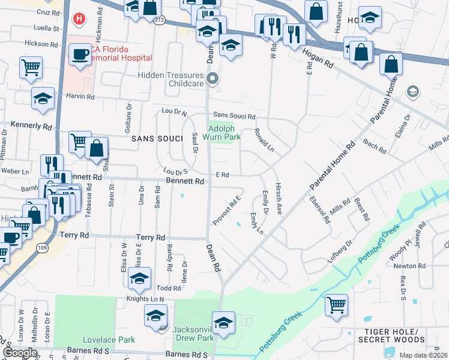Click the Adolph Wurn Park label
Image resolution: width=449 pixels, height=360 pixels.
[224, 133]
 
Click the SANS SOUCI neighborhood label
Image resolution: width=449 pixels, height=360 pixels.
[157, 139]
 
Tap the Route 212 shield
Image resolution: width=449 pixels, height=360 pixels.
[158, 20]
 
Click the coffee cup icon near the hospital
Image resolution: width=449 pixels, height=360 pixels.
[79, 55]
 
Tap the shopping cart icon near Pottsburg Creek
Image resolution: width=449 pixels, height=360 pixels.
[336, 304]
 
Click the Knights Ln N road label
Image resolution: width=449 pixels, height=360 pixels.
[145, 298]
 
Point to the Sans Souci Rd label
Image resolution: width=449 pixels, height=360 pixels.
[234, 116]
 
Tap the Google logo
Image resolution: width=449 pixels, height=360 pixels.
[20, 352]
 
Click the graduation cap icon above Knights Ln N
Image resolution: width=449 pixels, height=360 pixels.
[139, 278]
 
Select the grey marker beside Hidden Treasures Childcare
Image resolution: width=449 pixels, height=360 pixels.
[212, 79]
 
